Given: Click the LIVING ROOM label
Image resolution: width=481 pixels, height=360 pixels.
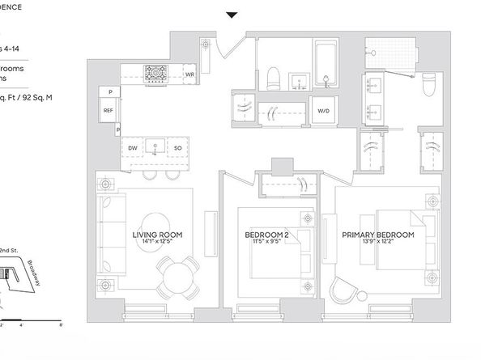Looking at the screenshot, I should (x=157, y=235).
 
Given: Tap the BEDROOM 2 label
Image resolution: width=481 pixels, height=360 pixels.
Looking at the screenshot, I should (x=267, y=235).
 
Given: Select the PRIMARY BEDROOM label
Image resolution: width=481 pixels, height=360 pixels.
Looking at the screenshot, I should (x=377, y=235).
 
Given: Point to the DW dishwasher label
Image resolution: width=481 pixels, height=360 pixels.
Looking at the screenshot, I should (x=132, y=148).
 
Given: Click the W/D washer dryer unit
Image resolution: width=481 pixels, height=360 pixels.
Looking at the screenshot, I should (x=323, y=111).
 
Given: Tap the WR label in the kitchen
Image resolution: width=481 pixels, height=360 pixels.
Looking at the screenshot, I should (x=189, y=74).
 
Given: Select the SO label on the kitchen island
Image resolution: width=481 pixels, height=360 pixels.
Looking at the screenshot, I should (x=177, y=148).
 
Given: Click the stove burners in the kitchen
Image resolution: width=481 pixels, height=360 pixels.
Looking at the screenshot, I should (x=155, y=74).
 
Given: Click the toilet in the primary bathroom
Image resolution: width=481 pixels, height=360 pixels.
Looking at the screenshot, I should (x=430, y=83).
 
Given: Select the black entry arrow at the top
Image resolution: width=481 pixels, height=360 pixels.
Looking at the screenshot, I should (x=211, y=15).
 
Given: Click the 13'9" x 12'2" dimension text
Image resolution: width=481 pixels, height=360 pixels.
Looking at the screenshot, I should (x=377, y=244).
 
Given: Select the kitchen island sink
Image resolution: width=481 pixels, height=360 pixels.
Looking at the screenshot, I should (x=155, y=148).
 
